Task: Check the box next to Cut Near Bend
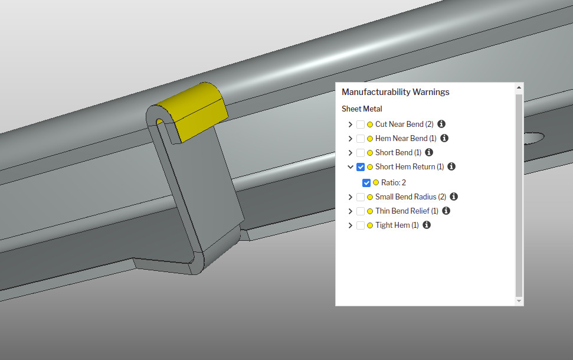coord(361,125)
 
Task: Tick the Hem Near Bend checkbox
coord(361,139)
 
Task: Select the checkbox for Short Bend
coord(361,153)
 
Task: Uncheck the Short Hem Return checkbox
coord(361,167)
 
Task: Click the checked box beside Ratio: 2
coord(366,183)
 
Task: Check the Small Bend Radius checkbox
coord(361,197)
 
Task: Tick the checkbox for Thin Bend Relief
coord(361,211)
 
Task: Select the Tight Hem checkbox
coord(361,225)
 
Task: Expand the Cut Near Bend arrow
coord(350,125)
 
